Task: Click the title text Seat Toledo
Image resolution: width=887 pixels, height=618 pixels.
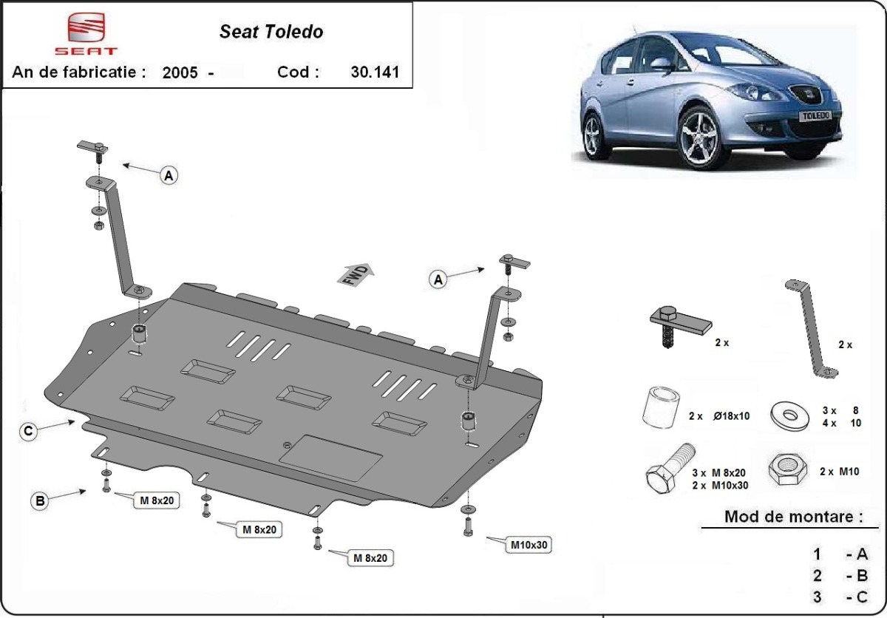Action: tap(271, 32)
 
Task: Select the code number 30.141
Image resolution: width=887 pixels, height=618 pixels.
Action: tap(375, 72)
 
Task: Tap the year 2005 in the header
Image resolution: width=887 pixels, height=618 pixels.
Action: tap(180, 73)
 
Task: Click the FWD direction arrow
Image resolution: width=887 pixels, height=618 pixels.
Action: tap(357, 274)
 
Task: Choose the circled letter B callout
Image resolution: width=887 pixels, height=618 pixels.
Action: tap(40, 500)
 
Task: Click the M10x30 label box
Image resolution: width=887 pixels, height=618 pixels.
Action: tap(530, 546)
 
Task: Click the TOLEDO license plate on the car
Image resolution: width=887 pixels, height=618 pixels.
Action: tap(818, 115)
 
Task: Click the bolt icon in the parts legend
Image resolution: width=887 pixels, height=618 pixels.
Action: tap(670, 472)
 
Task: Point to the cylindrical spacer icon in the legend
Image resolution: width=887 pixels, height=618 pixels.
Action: tap(659, 407)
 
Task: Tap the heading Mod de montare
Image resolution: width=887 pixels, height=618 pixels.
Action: tap(793, 517)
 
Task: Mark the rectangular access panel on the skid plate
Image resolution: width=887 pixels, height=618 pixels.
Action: tap(330, 458)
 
